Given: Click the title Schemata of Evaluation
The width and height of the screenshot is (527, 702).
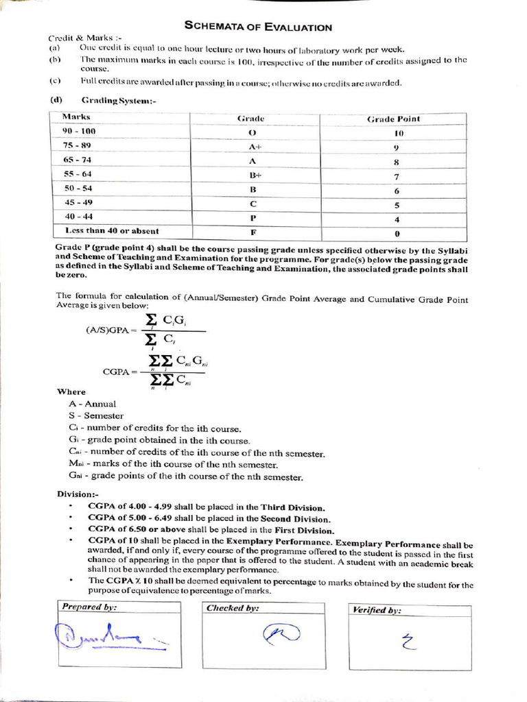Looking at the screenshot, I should click(259, 27).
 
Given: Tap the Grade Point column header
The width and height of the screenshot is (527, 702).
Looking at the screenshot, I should click(393, 119).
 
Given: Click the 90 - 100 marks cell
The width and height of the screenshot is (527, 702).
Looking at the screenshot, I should click(79, 130).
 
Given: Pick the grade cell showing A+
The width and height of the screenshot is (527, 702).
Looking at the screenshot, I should click(252, 147).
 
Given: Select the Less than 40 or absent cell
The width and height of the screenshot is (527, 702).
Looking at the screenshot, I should click(111, 230).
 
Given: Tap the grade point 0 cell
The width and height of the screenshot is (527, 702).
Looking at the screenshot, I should click(397, 233).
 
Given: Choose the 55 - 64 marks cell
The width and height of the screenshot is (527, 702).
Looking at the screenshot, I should click(78, 174).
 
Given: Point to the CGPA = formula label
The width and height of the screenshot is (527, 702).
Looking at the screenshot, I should click(120, 372).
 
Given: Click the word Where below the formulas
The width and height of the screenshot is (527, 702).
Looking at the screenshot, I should click(71, 392).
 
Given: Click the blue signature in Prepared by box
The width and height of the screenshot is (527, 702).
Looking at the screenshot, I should click(106, 636).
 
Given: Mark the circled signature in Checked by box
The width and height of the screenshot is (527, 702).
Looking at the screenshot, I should click(281, 635).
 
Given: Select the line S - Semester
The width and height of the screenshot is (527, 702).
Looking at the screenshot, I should click(96, 416).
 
